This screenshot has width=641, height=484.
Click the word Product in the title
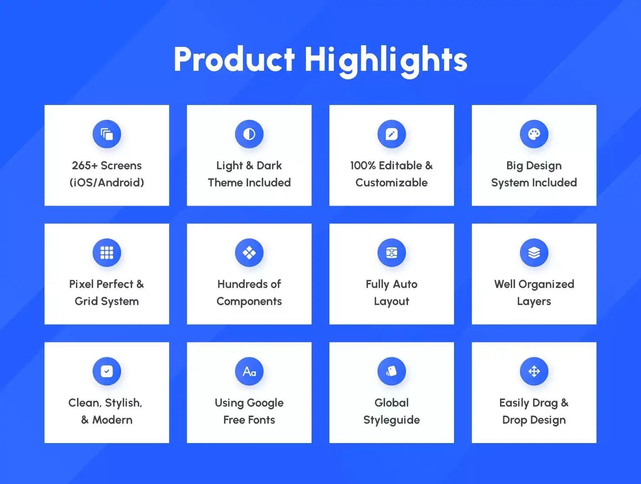coord(234,59)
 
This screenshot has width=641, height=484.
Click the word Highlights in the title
coord(386,61)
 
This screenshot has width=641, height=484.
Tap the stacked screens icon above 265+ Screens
coord(107,134)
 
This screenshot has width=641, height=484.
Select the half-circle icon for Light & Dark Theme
coord(249,134)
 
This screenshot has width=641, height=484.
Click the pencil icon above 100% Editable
coord(392,134)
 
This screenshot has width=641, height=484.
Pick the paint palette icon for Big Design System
coord(534,134)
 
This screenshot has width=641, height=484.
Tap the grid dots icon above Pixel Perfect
coord(107,253)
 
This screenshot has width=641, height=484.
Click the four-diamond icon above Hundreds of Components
coord(249,253)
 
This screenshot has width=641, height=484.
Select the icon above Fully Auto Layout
coord(392,253)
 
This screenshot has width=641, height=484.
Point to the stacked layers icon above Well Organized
coord(534,253)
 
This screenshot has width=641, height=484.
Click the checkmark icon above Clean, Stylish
coord(107,371)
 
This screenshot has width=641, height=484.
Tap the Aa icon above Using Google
coord(249,371)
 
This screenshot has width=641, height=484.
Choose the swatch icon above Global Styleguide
coord(392,371)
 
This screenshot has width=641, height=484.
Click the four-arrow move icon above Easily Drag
coord(534,371)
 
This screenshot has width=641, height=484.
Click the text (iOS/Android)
coord(107,183)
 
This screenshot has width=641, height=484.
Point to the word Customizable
coord(392,183)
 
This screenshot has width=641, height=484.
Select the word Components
coord(249,302)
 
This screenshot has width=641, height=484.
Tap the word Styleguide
coord(392,420)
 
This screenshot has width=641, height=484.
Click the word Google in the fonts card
coord(265,403)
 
